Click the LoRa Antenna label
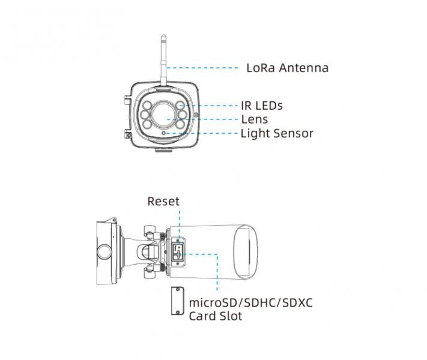point(287,68)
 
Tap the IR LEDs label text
point(262,106)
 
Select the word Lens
point(255,119)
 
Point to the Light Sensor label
point(277,133)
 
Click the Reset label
point(163,202)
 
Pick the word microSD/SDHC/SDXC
point(251,303)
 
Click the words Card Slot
point(216,316)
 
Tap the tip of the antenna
point(163,35)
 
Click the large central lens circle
point(163,115)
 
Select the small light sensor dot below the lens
point(164,133)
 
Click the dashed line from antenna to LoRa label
point(202,68)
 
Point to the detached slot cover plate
point(178,301)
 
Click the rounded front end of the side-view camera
point(246,252)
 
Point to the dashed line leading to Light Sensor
point(202,133)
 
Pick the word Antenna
point(304,68)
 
